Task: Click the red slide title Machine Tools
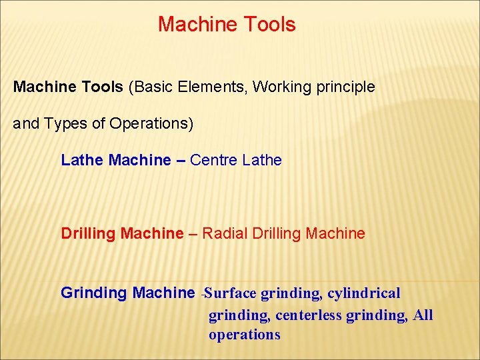(227, 25)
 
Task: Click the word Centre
(214, 160)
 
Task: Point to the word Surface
(232, 293)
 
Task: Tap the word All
(423, 315)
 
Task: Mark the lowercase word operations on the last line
(244, 335)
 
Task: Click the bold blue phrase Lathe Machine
(115, 160)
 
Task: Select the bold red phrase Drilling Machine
(121, 233)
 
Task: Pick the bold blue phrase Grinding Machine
(127, 293)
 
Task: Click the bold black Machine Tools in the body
(68, 87)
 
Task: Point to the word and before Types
(25, 124)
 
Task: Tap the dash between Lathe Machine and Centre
(181, 161)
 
